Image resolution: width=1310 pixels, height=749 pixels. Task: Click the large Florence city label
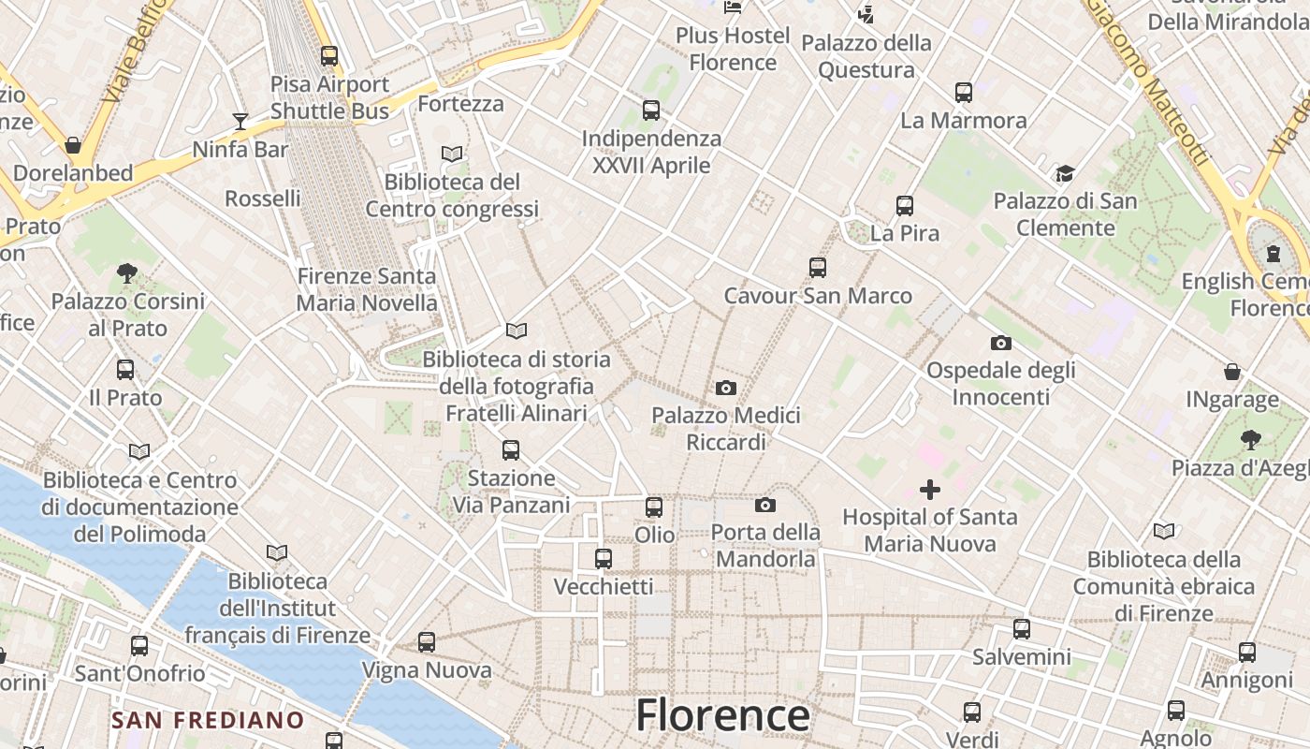(722, 715)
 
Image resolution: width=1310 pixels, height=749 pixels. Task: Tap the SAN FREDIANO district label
(208, 720)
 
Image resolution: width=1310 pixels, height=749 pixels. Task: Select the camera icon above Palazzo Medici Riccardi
(725, 388)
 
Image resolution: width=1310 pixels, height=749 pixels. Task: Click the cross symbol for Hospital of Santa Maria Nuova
(930, 490)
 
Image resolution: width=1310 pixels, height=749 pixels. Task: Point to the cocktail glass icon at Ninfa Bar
(240, 122)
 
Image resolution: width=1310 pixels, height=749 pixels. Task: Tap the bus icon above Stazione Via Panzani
(511, 450)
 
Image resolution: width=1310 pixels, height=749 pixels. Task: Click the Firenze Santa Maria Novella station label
(367, 289)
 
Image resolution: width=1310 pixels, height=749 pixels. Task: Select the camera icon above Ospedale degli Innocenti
(1001, 343)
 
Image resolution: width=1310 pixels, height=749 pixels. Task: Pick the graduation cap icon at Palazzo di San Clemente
(1065, 173)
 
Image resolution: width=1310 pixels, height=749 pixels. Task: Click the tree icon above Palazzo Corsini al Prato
(127, 273)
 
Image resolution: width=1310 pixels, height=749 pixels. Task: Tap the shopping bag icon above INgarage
(1232, 372)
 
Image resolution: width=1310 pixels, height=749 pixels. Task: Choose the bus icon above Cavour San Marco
(818, 268)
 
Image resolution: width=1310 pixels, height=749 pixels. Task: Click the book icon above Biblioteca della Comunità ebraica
(1163, 532)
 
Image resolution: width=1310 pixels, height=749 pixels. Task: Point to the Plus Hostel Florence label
(733, 49)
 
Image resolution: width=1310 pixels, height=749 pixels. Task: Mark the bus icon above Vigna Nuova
(427, 642)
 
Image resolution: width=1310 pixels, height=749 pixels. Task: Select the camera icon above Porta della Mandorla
(765, 506)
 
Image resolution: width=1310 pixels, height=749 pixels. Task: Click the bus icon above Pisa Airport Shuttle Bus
(329, 56)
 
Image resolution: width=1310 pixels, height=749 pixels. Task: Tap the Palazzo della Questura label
(866, 56)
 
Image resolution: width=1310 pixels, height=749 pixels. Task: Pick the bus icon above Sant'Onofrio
(139, 646)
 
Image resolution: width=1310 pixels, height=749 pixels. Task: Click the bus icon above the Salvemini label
(1022, 629)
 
